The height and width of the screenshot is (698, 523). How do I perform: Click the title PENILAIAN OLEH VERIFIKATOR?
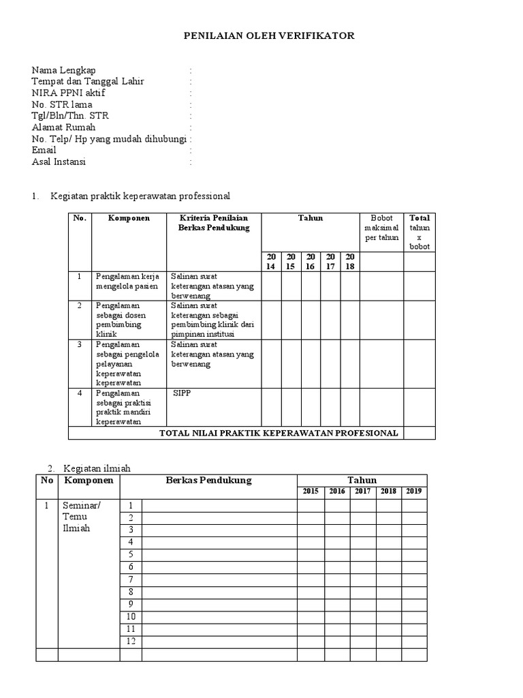point(270,35)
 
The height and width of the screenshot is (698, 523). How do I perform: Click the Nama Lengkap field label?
point(64,70)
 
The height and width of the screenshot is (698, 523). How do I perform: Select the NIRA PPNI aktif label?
point(69,93)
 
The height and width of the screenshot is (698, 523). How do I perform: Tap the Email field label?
point(44,150)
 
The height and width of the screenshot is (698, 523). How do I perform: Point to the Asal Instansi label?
point(59,162)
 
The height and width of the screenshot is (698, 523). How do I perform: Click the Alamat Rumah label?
point(64,127)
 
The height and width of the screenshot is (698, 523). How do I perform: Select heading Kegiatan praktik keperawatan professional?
point(140,196)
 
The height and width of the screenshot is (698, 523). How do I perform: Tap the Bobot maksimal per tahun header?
point(381,228)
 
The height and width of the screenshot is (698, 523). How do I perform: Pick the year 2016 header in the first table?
point(311,261)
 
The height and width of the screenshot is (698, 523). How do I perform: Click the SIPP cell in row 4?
point(183,394)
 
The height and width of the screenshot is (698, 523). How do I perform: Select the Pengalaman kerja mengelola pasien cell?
point(127,282)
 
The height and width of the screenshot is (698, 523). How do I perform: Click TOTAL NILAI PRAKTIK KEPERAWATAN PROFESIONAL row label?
point(279,434)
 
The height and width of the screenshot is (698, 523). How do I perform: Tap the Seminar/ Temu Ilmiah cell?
point(81,517)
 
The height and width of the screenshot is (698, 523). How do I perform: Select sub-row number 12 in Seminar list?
point(131,641)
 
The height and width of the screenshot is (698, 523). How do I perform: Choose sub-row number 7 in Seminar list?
point(131,579)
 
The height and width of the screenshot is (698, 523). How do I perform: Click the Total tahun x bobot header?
point(419,232)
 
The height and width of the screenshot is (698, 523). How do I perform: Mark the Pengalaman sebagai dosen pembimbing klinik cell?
point(120,320)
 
